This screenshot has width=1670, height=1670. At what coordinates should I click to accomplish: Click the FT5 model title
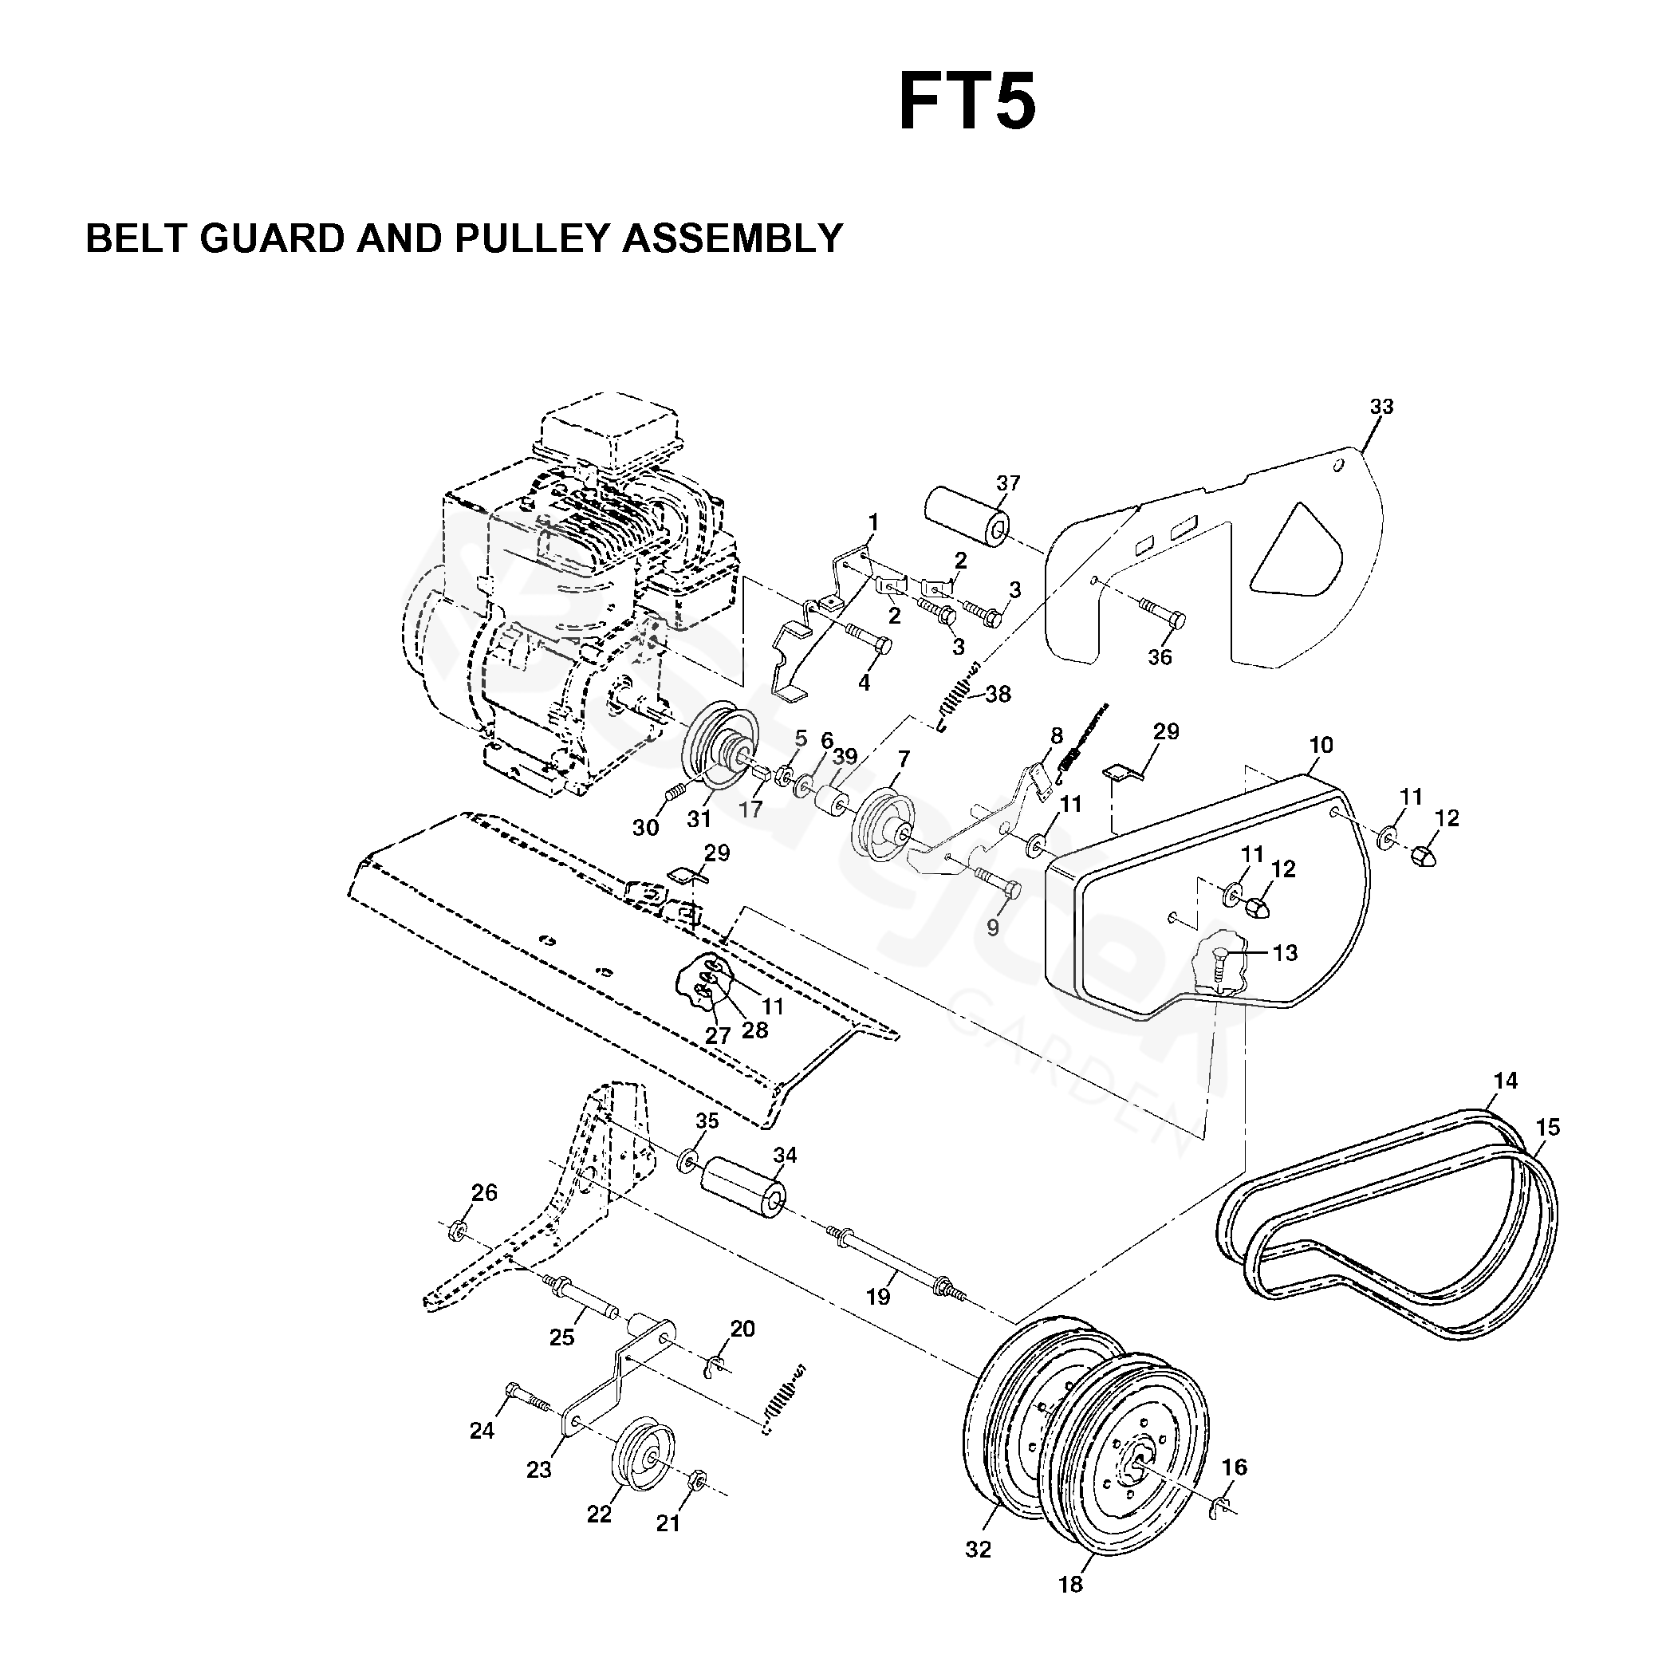(967, 102)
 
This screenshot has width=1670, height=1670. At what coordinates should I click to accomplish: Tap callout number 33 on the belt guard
(1381, 406)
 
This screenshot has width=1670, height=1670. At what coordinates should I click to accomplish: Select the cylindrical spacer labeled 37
(970, 516)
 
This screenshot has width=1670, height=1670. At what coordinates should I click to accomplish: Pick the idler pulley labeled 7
(884, 824)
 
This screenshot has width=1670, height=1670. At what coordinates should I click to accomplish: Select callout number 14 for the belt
(1505, 1081)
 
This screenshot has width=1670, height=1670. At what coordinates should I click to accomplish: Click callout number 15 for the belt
(1547, 1127)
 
